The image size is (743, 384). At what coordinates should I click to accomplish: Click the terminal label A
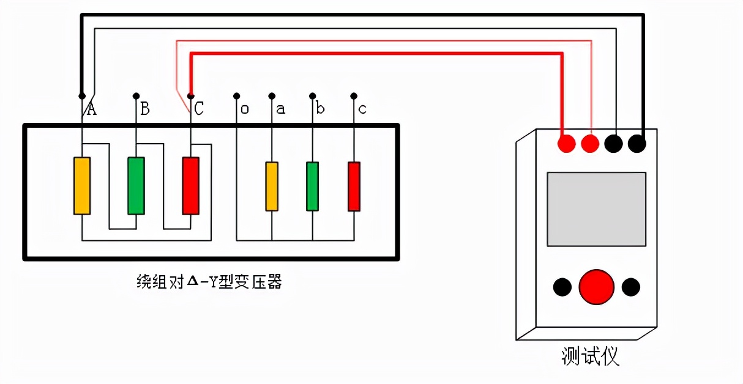(91, 109)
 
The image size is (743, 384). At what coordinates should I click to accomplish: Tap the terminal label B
(145, 109)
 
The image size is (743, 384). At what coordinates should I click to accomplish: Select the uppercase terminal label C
(199, 109)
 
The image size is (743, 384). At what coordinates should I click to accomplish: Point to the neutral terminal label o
(245, 109)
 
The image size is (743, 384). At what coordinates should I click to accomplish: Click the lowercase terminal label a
(280, 109)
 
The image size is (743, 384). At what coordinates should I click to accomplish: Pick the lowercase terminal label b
(320, 109)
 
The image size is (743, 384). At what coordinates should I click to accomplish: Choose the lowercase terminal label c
(362, 109)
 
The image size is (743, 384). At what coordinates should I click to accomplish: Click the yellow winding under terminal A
(82, 186)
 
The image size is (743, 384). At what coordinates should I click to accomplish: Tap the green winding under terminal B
(136, 186)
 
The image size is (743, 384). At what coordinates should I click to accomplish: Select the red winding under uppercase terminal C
(191, 186)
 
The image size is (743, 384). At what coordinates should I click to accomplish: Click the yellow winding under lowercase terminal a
(272, 186)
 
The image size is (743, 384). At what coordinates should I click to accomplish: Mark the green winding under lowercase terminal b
(312, 186)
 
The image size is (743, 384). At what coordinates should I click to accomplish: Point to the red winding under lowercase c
(354, 186)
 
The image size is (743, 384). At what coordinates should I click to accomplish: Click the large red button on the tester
(596, 286)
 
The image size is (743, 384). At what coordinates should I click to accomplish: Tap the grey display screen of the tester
(596, 209)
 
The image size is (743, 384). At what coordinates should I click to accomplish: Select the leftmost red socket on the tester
(567, 144)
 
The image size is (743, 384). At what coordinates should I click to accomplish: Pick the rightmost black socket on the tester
(637, 144)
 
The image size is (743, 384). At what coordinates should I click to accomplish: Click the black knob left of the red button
(562, 286)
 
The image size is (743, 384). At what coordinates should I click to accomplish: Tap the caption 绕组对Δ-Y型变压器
(209, 282)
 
